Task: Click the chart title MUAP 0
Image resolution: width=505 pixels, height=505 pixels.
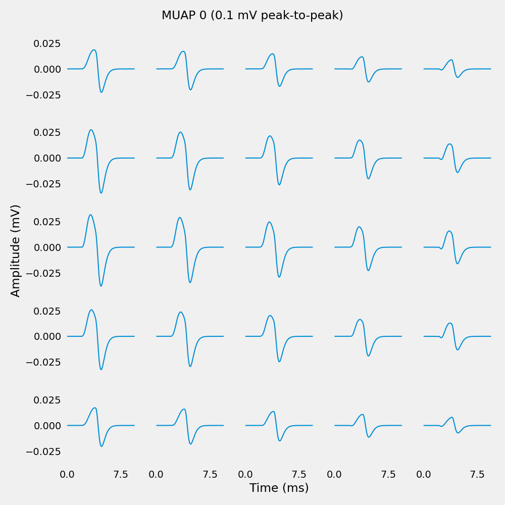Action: click(x=252, y=16)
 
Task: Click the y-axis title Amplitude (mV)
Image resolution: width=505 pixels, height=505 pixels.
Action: click(x=16, y=250)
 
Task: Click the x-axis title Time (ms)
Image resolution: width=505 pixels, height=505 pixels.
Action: click(x=279, y=488)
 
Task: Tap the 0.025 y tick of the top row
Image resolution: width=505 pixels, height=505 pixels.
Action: click(x=47, y=43)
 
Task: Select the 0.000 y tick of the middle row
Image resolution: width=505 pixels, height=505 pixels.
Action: click(x=47, y=247)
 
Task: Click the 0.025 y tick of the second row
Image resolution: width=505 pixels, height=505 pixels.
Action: click(x=47, y=132)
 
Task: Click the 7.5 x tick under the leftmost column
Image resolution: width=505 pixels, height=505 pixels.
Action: click(x=121, y=474)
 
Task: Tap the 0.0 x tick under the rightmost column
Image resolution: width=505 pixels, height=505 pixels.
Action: click(x=424, y=474)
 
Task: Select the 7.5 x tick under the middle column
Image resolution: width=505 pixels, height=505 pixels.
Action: click(x=299, y=474)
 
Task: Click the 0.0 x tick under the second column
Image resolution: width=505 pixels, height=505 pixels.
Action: click(x=156, y=474)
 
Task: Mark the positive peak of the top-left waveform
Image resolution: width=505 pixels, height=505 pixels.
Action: click(x=94, y=50)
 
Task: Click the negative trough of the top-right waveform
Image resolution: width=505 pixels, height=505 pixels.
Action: click(x=458, y=77)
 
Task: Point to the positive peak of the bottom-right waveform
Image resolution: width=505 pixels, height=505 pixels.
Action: click(x=452, y=418)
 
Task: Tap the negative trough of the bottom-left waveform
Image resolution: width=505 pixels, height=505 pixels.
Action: click(x=102, y=446)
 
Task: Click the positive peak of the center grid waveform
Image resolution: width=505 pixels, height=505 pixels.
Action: click(x=269, y=222)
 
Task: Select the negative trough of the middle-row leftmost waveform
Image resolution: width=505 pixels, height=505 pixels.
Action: click(x=101, y=286)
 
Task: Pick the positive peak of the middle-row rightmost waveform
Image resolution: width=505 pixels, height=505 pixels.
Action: click(x=449, y=231)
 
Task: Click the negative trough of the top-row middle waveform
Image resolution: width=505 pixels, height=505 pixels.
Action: click(x=279, y=86)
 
